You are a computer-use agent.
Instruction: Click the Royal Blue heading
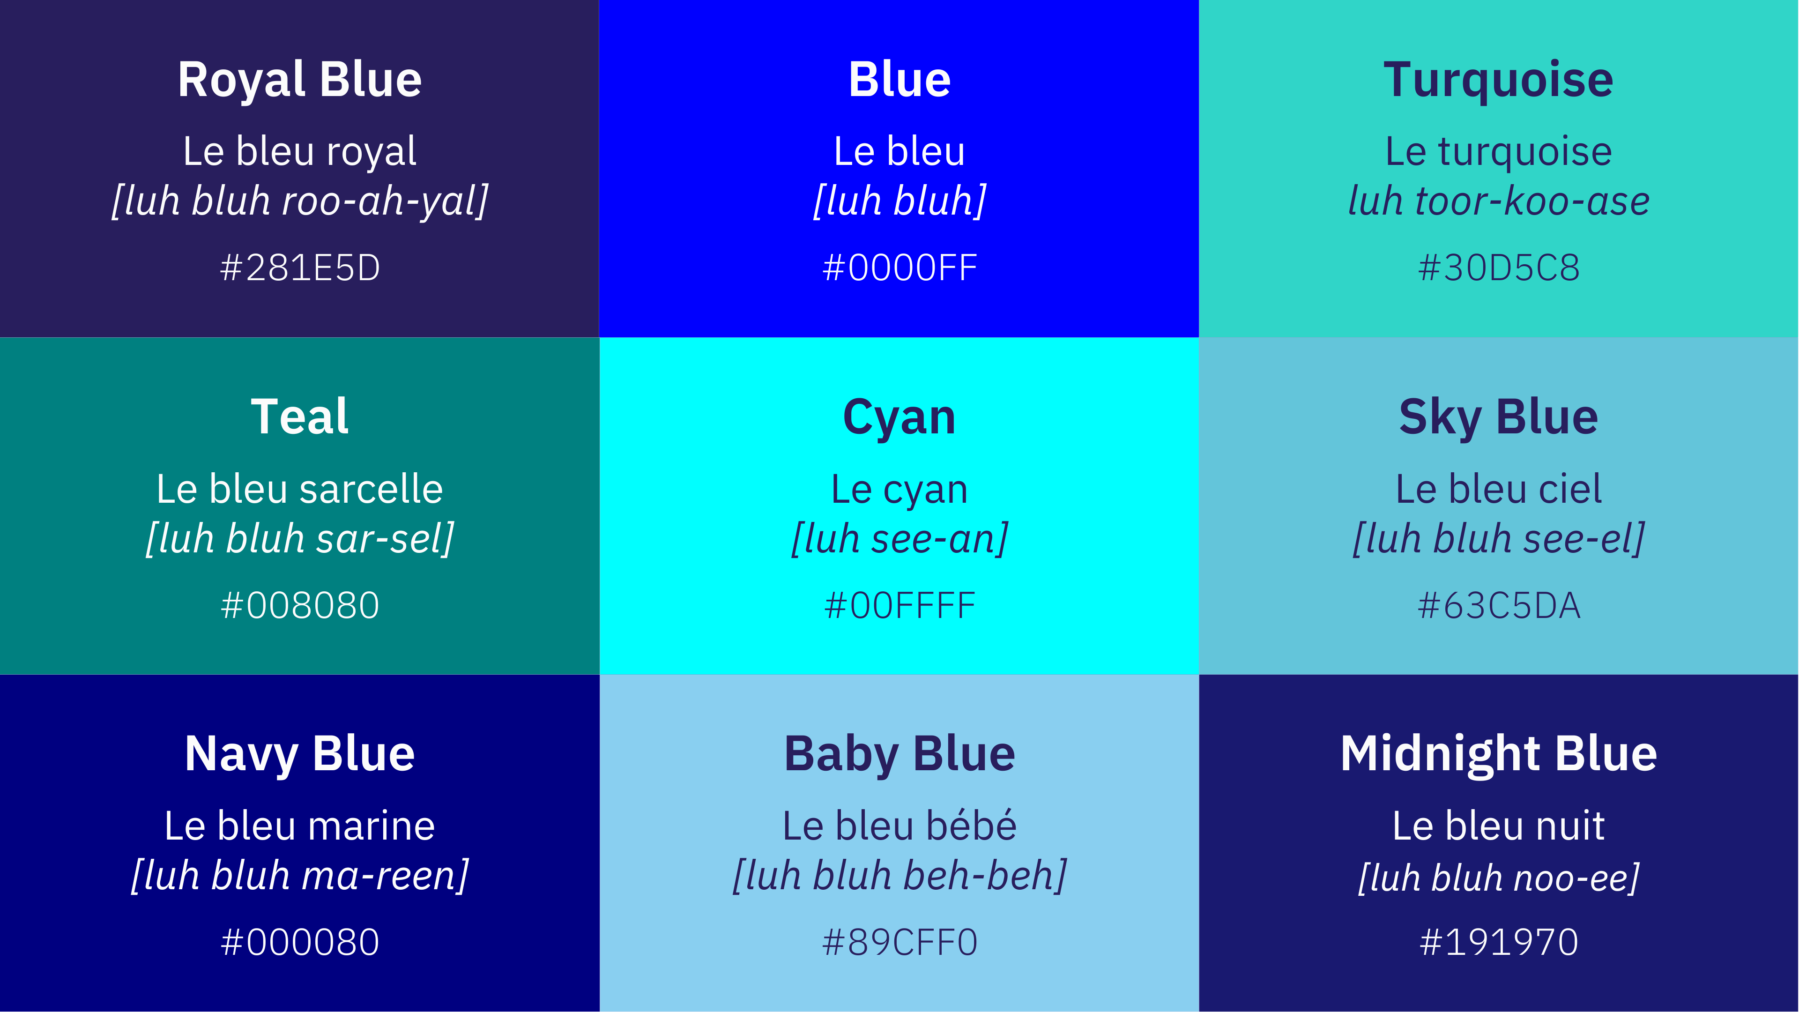[x=300, y=80]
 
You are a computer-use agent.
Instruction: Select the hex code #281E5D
[x=300, y=268]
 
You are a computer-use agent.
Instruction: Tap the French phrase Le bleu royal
[x=300, y=151]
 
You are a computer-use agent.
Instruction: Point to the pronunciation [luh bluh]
[x=899, y=201]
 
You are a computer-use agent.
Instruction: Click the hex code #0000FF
[x=899, y=268]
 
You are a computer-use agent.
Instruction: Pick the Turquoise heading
[x=1499, y=80]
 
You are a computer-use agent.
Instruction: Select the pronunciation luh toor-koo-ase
[x=1499, y=201]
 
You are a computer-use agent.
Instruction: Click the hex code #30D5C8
[x=1499, y=268]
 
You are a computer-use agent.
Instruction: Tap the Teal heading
[x=300, y=417]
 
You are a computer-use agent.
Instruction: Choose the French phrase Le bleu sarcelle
[x=300, y=489]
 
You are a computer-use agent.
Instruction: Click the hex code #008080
[x=300, y=605]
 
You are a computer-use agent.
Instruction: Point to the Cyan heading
[x=899, y=417]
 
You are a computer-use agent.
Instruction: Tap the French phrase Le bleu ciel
[x=1499, y=489]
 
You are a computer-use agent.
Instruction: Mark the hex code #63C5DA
[x=1499, y=605]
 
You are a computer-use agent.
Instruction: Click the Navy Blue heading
[x=300, y=754]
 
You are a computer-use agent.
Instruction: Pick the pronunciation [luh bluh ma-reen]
[x=300, y=876]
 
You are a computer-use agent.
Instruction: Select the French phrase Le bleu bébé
[x=899, y=826]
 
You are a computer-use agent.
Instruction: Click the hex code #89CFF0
[x=899, y=942]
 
